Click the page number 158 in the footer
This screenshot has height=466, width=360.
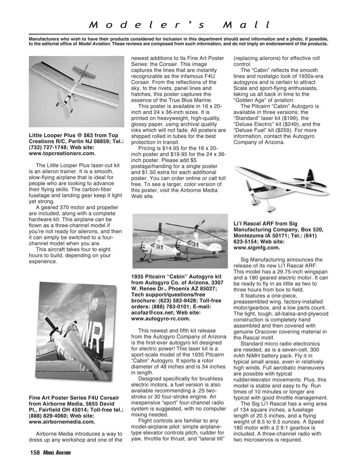35,453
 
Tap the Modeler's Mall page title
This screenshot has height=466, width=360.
180,25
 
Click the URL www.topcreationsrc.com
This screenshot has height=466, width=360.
62,154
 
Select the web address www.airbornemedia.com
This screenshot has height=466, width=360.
62,422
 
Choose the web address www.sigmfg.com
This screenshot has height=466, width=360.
257,248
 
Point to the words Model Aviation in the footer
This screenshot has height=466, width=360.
57,453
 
